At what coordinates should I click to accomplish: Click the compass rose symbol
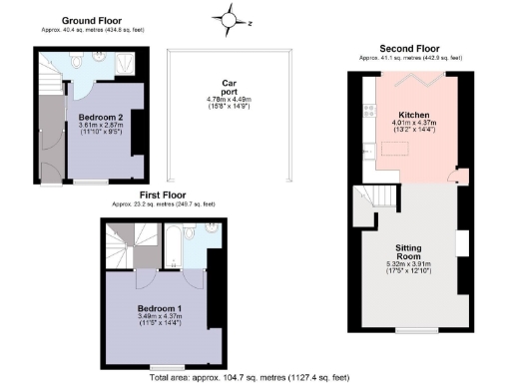[231, 18]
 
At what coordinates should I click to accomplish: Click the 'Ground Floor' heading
[92, 20]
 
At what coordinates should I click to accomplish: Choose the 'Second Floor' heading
[408, 48]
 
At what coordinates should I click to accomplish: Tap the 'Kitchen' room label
[413, 116]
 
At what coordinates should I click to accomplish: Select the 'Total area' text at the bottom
[251, 377]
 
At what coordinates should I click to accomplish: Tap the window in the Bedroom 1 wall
[164, 366]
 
